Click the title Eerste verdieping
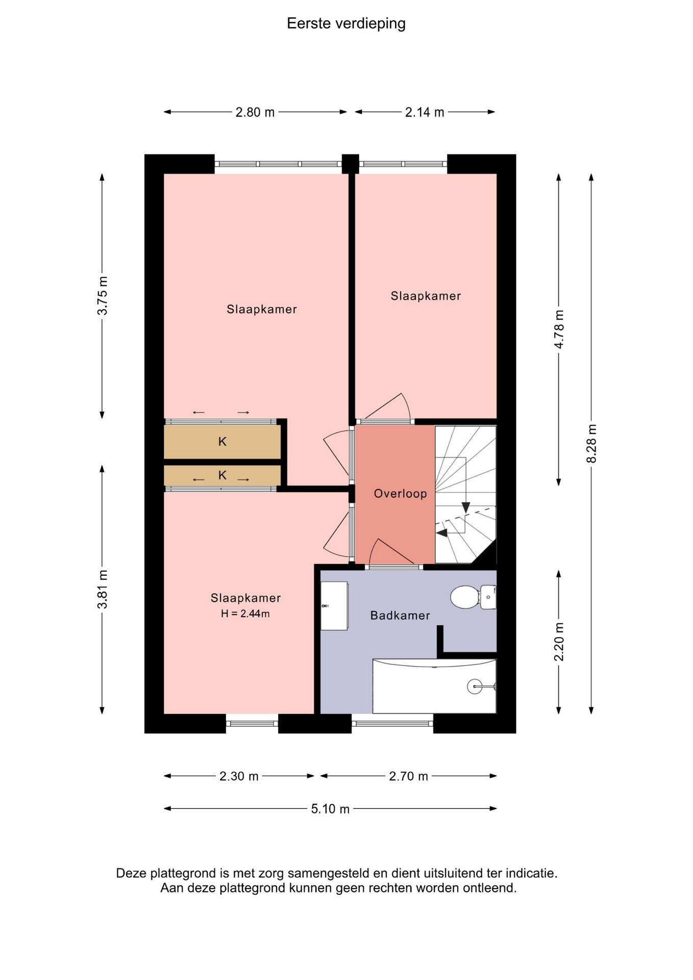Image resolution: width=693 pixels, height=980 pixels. pos(346,23)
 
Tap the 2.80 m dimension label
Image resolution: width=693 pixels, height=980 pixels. pos(255,112)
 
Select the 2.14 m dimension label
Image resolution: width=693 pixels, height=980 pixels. pos(425,112)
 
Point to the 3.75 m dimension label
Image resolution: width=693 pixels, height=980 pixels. pos(103,296)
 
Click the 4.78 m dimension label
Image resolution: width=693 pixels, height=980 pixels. pos(559,329)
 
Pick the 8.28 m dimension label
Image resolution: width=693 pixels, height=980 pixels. pos(592,444)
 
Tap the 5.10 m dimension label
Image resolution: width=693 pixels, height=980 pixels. pos(330,809)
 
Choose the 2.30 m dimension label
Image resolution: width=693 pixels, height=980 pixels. pos(239,776)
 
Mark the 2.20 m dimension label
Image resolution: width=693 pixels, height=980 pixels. pos(559,642)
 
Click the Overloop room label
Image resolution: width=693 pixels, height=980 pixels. pos(400,494)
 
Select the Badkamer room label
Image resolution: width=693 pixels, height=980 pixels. pos(400,616)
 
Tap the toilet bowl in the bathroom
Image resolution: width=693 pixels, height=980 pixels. pos(464,597)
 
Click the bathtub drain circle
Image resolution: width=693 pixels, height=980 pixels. pos(475,687)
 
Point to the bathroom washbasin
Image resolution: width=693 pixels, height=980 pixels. pos(334,606)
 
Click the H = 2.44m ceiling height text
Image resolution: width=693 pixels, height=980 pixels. pos(245,614)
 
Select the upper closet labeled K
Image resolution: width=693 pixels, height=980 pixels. pos(222,442)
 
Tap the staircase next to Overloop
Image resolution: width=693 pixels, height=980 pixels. pos(465,495)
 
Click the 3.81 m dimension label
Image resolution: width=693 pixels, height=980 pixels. pos(103,590)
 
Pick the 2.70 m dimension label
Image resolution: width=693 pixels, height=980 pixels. pos(408,776)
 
